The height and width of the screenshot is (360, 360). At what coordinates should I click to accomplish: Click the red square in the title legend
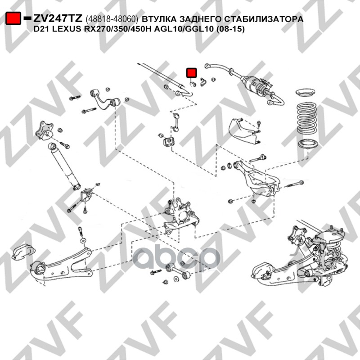13,19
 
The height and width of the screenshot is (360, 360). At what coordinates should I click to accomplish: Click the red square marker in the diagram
192,72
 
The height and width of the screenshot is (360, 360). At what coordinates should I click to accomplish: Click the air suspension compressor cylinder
256,85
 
